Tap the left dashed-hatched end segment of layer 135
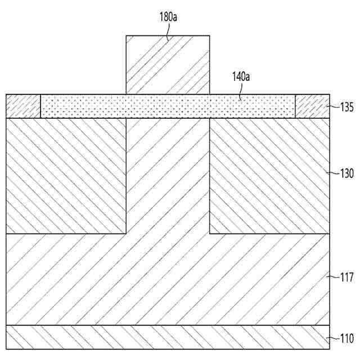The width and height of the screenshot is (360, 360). [23, 106]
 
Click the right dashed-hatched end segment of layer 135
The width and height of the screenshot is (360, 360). [312, 106]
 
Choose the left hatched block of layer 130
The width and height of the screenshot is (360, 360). [65, 175]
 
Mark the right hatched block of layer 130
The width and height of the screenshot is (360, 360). [269, 175]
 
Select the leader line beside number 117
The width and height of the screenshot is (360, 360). [333, 276]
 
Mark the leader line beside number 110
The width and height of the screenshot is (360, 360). [333, 338]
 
